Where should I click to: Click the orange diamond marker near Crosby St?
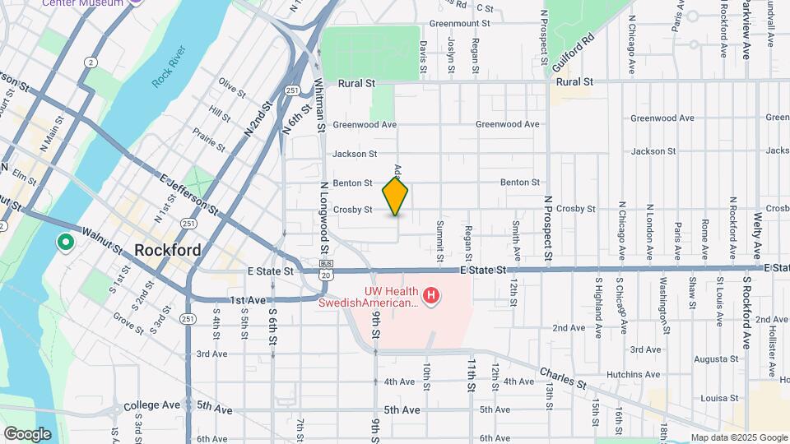point(396,196)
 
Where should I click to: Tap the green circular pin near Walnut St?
point(64,243)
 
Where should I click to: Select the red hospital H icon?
point(430,294)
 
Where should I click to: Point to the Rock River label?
point(169,67)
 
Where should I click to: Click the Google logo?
point(27,434)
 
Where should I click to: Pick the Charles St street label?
point(564,379)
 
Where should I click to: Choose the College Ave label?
point(151,405)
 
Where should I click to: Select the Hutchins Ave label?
point(634,374)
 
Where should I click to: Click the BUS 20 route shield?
point(326,269)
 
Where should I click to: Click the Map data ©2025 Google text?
point(738,437)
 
